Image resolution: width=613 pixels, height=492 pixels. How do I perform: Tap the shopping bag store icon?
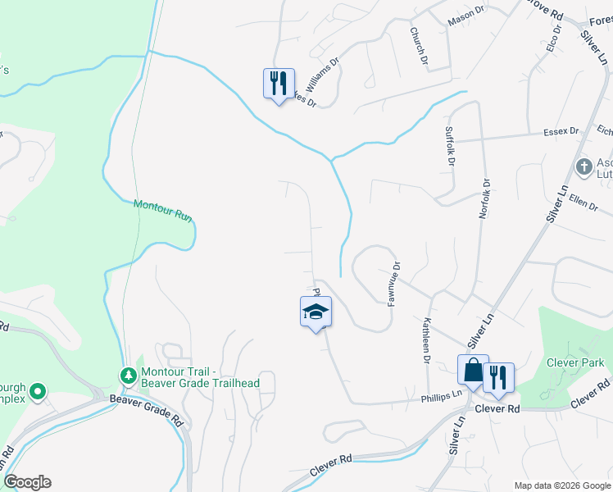click(x=474, y=370)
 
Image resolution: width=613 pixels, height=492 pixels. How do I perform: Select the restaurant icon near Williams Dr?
click(x=279, y=83)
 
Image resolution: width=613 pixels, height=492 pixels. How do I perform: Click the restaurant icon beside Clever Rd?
click(x=497, y=377)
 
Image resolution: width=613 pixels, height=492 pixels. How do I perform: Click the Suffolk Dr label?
click(x=449, y=146)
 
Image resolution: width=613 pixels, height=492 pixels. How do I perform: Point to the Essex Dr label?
click(x=561, y=131)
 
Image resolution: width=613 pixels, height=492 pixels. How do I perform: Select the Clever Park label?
click(x=576, y=362)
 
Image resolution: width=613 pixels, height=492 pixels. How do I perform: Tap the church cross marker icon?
click(x=583, y=167)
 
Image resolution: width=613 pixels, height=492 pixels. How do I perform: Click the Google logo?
click(x=28, y=482)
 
